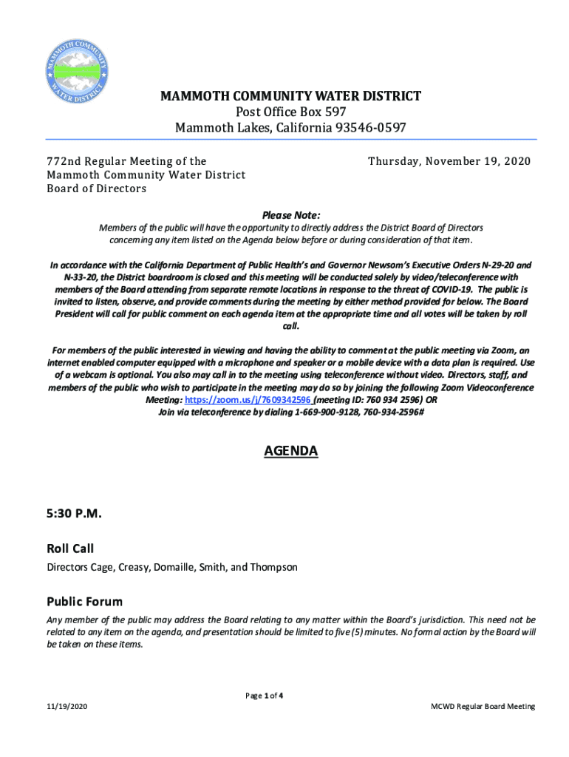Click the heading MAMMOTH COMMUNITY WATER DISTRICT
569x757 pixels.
[x=291, y=96]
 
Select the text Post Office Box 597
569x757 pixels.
[x=291, y=112]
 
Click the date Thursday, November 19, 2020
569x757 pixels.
[x=449, y=161]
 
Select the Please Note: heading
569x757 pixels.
[x=291, y=215]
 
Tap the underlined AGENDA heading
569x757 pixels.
[x=291, y=451]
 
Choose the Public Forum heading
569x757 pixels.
[x=84, y=602]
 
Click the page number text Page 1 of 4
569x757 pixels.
[x=265, y=696]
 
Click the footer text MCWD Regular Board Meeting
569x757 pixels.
[x=483, y=707]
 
